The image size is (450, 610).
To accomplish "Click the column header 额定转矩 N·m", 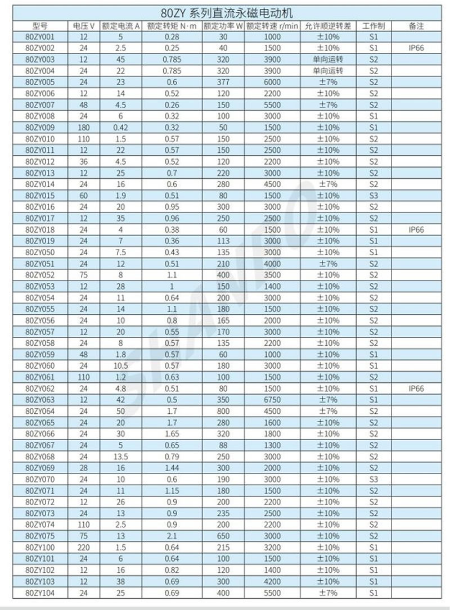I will [x=172, y=26].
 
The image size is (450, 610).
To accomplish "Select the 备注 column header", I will [x=416, y=26].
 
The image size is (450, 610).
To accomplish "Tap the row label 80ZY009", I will [x=40, y=127].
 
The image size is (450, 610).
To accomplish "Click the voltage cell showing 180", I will [x=84, y=127].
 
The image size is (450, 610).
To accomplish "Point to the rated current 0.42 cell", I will [x=120, y=127].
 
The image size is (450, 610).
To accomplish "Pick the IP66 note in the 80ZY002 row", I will [x=416, y=48].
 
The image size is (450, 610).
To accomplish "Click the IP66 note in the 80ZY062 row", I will [x=416, y=388].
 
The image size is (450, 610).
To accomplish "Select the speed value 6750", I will [x=272, y=400].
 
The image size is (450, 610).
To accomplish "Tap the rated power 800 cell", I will [x=223, y=411].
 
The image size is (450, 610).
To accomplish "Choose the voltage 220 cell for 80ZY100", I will [x=84, y=547].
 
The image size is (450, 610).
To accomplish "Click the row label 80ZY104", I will [x=40, y=593].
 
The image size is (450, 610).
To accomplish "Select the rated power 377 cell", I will [x=223, y=82].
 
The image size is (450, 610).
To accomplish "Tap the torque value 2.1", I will [x=172, y=536].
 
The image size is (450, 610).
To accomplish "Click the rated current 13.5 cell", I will [x=120, y=457].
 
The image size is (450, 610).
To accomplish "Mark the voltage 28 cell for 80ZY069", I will [x=84, y=468].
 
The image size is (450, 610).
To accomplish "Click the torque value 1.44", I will [x=172, y=468].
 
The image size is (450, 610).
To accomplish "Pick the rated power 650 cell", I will [x=223, y=536].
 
